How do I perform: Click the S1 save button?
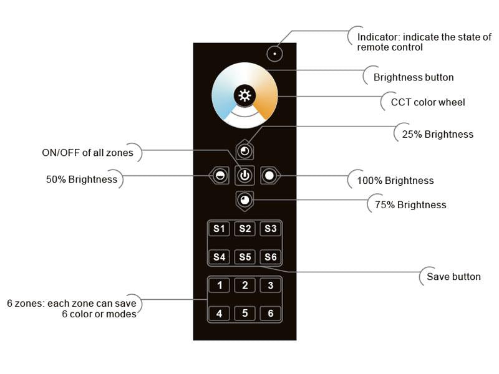click(x=219, y=229)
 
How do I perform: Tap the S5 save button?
click(x=245, y=257)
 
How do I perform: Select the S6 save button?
click(x=270, y=257)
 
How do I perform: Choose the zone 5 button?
click(x=245, y=314)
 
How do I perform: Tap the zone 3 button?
click(x=270, y=285)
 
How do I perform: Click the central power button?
click(x=245, y=176)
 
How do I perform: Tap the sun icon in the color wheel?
click(x=245, y=95)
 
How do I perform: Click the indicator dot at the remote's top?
click(x=274, y=53)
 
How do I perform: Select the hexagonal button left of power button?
click(x=219, y=176)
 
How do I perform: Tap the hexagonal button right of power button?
click(x=269, y=176)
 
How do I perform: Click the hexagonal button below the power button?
click(x=245, y=200)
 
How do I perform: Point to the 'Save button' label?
click(x=453, y=277)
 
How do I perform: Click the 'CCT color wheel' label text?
click(x=427, y=102)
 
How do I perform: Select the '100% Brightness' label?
click(x=395, y=181)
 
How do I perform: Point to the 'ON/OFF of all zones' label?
click(x=87, y=153)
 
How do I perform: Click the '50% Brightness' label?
click(x=82, y=180)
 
